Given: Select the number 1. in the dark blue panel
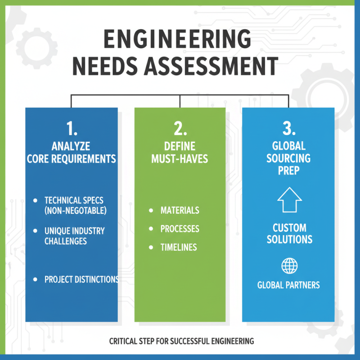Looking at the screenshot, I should point(72,129).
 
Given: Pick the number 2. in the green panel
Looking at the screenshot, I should point(180,129).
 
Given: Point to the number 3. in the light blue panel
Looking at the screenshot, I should point(288,129).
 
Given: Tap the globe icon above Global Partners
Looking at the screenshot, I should point(289,265).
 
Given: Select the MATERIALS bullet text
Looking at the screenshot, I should point(180,211).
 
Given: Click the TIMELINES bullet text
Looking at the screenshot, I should point(178,247).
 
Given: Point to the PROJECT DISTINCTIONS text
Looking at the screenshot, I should point(81,279).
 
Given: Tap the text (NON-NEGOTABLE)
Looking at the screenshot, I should point(75,210).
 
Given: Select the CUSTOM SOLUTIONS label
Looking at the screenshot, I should point(289,233).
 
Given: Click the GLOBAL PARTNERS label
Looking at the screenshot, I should point(288,285).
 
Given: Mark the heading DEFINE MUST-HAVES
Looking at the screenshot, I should point(180,153).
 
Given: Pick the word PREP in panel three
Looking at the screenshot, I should point(288,171).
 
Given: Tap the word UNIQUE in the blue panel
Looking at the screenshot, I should point(56,231).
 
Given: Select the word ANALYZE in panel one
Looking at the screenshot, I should point(71,146).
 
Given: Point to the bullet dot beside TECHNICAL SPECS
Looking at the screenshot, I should point(35,200).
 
